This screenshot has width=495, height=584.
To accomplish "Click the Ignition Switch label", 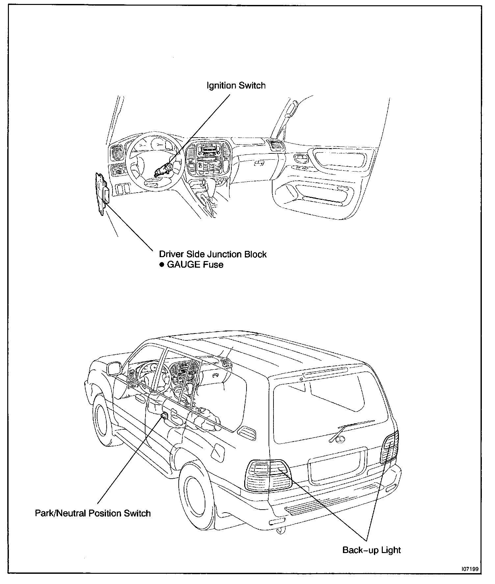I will (x=236, y=86).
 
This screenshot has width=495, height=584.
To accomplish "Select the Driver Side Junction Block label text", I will (x=213, y=254).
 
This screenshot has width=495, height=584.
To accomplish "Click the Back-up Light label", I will (x=372, y=550).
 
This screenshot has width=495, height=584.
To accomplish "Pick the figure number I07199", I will (x=470, y=569).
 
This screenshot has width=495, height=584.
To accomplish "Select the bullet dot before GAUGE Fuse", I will (x=162, y=265).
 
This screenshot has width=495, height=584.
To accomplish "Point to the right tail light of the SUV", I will (x=390, y=447).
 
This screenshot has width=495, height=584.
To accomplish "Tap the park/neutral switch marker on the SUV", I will (x=164, y=415).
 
